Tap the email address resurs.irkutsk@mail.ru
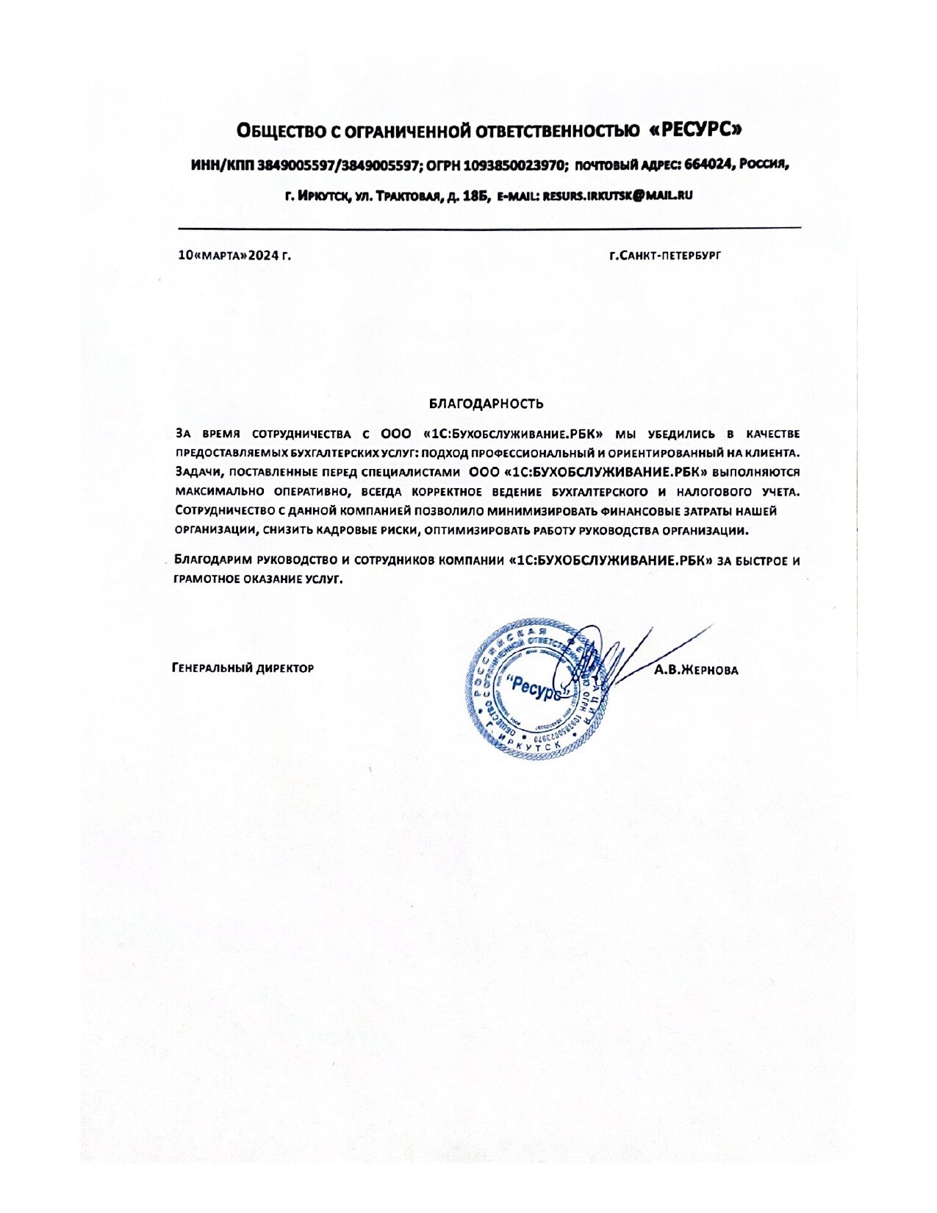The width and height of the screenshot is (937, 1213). point(617,196)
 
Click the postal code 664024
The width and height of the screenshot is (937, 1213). point(708,165)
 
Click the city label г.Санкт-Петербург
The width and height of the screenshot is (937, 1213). point(665,256)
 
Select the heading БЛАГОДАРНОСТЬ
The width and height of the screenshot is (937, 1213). point(487,404)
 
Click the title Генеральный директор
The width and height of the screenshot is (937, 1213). point(243,668)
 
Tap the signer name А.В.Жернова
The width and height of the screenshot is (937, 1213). point(696,670)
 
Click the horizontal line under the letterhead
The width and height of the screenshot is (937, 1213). point(489,228)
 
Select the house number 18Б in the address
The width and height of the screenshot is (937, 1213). point(478,196)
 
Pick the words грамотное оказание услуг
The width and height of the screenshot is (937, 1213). point(259,579)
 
